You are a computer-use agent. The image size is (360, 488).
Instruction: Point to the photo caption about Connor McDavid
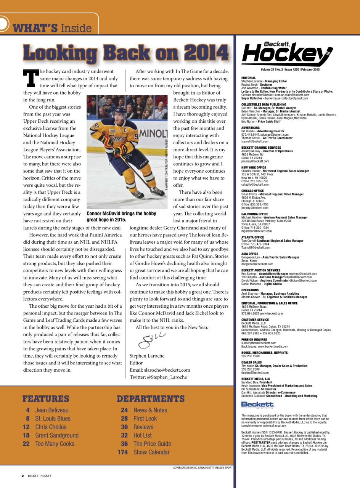tap(121, 217)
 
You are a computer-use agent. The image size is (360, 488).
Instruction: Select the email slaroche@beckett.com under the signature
tap(160, 370)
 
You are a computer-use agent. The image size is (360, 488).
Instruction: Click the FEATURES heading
tap(46, 399)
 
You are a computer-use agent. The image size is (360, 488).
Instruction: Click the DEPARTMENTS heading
tap(151, 399)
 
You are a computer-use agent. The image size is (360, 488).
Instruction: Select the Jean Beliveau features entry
tap(52, 410)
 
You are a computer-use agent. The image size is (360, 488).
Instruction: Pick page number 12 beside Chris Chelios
tap(26, 427)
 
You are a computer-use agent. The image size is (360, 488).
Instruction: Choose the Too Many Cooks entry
tap(54, 444)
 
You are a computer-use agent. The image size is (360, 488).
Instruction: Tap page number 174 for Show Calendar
tap(122, 452)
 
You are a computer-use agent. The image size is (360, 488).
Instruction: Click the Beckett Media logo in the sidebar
tap(258, 404)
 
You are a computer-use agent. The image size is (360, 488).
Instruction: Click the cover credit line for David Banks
tap(202, 467)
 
